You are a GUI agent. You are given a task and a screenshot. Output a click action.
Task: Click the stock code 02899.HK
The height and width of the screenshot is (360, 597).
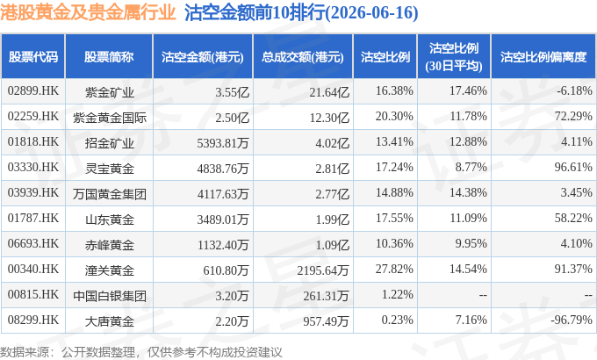(33, 90)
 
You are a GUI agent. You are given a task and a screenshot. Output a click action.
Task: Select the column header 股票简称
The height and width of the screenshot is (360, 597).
(109, 57)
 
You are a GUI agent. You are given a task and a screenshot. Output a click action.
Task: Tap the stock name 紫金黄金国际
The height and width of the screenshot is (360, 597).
(110, 118)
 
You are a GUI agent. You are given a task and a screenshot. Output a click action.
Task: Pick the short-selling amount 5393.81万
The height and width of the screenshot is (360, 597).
(223, 143)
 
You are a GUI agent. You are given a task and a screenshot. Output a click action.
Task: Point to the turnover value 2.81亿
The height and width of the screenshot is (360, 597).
(332, 169)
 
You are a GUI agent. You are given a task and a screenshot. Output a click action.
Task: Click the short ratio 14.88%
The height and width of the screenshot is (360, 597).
(394, 192)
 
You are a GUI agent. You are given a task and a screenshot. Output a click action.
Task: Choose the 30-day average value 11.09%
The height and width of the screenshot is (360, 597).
(468, 218)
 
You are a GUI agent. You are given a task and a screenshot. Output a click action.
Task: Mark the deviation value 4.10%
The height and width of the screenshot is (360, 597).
(576, 243)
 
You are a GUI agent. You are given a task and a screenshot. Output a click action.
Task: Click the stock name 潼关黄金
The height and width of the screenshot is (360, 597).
(110, 270)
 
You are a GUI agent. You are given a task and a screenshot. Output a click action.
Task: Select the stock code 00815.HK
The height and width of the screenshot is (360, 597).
(33, 294)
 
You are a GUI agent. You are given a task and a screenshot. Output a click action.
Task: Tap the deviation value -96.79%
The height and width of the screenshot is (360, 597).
(572, 320)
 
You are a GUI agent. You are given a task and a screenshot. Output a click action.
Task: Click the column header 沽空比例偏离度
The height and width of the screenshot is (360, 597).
(543, 57)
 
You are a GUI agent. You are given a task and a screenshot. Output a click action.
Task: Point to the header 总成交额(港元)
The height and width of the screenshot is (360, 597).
(303, 57)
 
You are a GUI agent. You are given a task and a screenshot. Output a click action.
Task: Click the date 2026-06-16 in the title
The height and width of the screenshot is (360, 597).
(371, 12)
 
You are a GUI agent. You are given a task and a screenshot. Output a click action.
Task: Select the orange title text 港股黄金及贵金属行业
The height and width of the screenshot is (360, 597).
(88, 12)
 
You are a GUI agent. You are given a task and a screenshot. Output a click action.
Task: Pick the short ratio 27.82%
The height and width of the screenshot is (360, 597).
(394, 269)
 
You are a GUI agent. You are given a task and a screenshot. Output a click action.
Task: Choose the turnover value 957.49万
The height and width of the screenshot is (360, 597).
(326, 321)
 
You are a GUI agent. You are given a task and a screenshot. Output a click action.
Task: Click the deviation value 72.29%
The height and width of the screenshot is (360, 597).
(573, 116)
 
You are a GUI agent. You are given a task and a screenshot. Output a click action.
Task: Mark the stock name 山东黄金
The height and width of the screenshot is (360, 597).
(110, 220)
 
